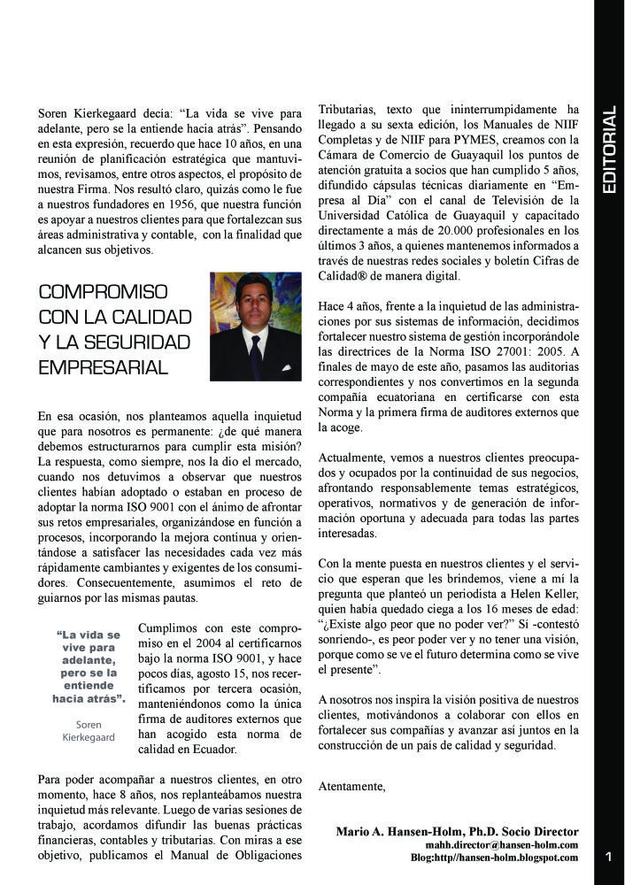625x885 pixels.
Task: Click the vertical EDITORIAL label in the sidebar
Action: pyautogui.click(x=609, y=151)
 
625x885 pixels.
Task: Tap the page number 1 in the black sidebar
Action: pyautogui.click(x=609, y=856)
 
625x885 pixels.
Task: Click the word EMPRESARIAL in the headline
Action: pyautogui.click(x=104, y=366)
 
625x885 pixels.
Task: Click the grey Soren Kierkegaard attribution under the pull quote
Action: pyautogui.click(x=89, y=730)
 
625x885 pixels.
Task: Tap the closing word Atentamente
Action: pyautogui.click(x=351, y=785)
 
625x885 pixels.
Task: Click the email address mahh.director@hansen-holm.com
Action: pyautogui.click(x=501, y=845)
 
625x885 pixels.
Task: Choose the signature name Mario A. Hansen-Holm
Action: pyautogui.click(x=400, y=831)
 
